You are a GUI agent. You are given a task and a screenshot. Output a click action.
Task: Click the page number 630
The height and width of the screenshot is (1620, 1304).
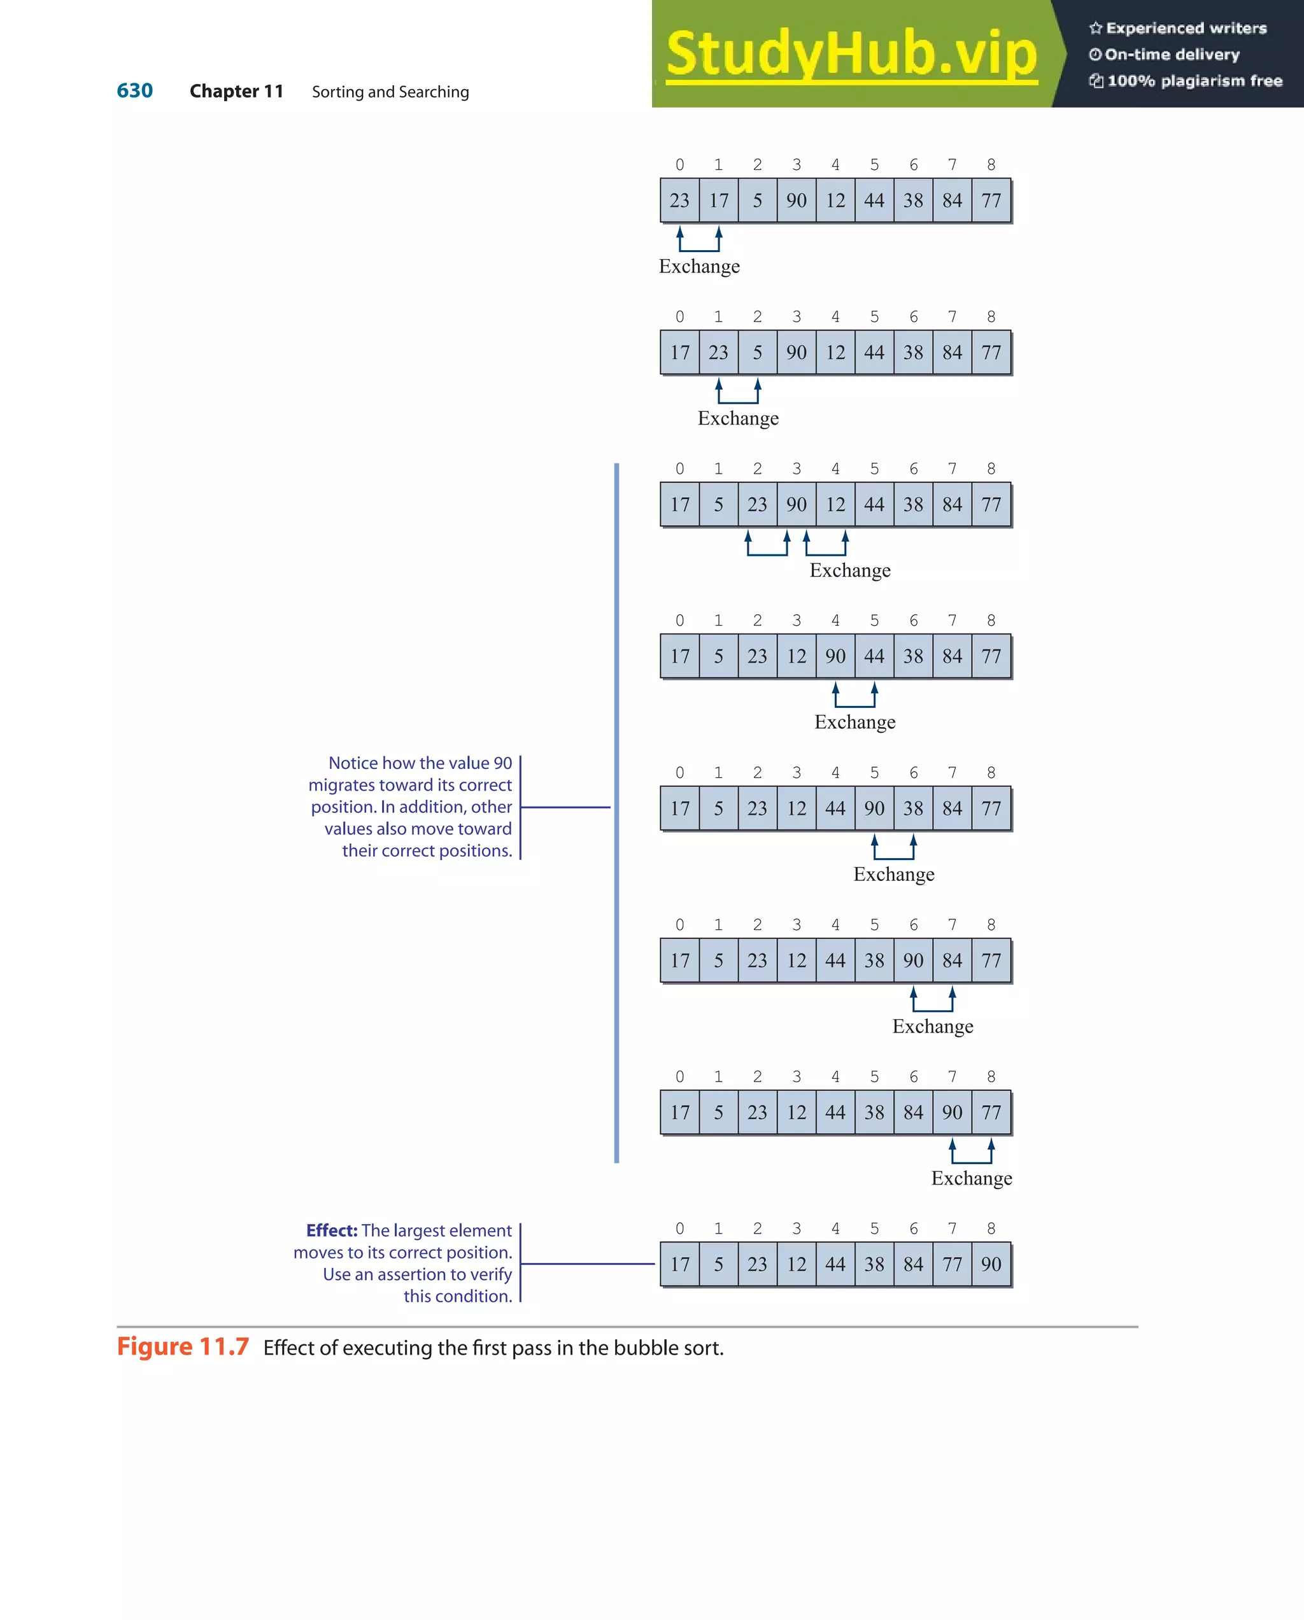(134, 91)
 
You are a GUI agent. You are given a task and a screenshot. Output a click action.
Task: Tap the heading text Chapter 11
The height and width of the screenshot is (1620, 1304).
(236, 92)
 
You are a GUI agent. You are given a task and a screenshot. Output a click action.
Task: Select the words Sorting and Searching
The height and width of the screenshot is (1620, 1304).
(390, 92)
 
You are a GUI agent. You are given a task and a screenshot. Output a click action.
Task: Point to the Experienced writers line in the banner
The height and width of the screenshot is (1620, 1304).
(1178, 29)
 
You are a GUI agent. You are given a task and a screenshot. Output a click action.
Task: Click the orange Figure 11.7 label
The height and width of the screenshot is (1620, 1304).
(183, 1346)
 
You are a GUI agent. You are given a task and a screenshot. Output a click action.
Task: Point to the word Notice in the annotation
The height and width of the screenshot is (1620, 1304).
(353, 763)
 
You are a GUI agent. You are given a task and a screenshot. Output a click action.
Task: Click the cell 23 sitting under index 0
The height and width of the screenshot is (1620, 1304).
(679, 201)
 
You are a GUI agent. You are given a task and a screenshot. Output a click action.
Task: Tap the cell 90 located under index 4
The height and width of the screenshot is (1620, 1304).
(835, 657)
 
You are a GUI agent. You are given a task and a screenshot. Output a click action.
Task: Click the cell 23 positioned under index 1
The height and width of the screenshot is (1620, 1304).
(718, 353)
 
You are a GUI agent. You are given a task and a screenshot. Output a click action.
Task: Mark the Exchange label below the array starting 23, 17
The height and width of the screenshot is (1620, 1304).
(699, 267)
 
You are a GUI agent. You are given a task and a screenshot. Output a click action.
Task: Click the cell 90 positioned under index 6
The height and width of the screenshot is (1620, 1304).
(913, 961)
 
